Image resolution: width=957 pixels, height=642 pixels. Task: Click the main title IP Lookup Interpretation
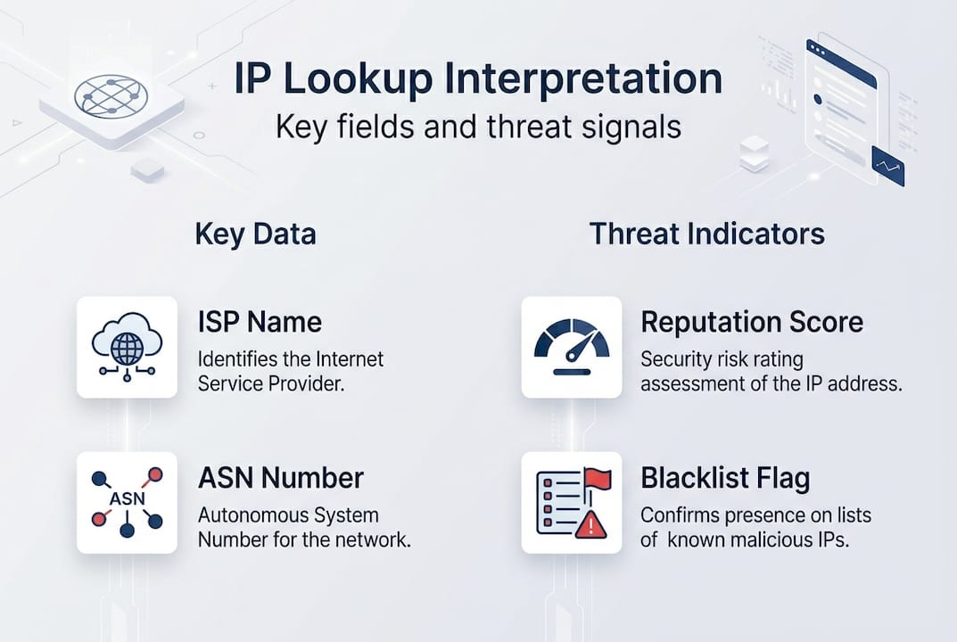click(477, 79)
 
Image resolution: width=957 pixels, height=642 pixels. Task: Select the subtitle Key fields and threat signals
click(477, 127)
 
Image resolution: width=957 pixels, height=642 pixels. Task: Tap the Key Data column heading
click(255, 234)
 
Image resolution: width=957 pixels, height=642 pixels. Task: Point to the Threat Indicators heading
click(706, 234)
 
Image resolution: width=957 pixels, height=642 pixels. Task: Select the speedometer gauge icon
click(571, 347)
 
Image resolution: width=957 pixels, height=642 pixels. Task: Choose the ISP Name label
click(260, 322)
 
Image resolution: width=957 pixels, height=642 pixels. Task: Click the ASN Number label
click(280, 478)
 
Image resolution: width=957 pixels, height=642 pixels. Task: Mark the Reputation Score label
click(752, 322)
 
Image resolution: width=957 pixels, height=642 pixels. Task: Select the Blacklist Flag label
click(725, 478)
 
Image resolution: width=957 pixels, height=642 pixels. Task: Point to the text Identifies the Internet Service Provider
click(291, 372)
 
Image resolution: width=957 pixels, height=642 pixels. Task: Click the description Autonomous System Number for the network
click(303, 527)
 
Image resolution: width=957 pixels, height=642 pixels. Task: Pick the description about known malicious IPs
click(755, 527)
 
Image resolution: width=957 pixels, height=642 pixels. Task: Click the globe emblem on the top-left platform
click(111, 95)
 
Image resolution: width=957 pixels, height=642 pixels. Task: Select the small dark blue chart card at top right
click(887, 166)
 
